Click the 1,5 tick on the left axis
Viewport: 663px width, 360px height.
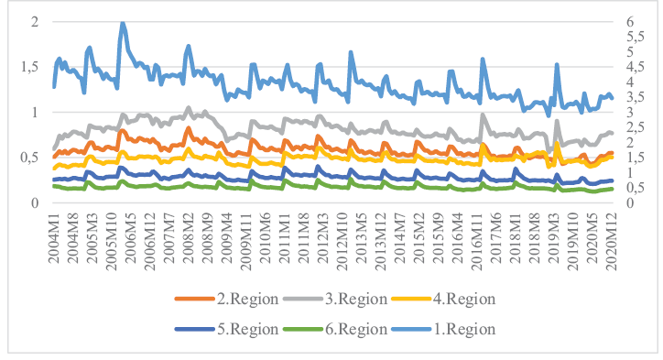[29, 67]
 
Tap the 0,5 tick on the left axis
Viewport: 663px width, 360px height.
[29, 158]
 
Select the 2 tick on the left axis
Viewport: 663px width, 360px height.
[35, 21]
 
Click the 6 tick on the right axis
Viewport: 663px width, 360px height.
[630, 21]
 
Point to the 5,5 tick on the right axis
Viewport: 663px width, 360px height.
[636, 37]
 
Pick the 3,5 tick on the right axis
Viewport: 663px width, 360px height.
[636, 97]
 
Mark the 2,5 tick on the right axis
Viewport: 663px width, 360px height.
[636, 127]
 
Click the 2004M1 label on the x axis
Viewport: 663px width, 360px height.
[54, 238]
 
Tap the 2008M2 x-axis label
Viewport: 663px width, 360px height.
[188, 238]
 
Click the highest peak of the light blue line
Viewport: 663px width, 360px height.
[123, 23]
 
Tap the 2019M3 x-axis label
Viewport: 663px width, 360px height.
[553, 238]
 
